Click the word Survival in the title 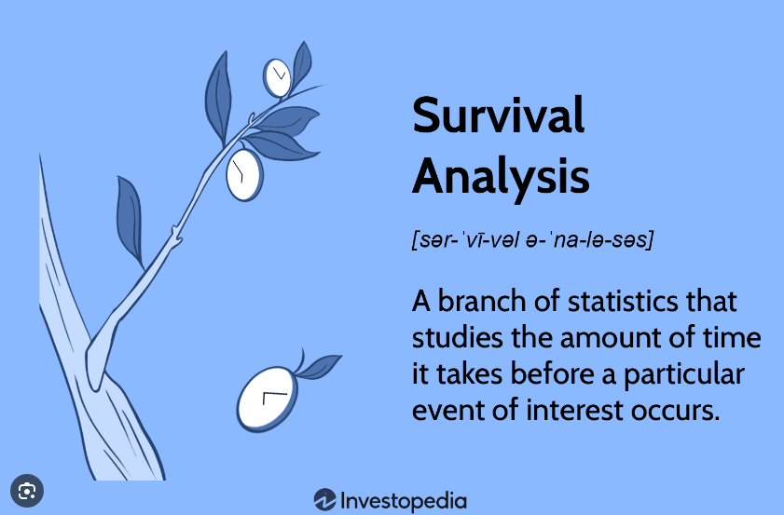pos(499,115)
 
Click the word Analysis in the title pos(501,177)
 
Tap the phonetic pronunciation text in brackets pos(532,239)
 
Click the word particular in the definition pos(684,374)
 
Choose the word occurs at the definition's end pos(675,411)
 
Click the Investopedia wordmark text pos(403,501)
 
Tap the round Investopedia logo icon pos(325,499)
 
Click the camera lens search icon pos(27,491)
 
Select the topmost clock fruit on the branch pos(277,78)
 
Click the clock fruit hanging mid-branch pos(244,174)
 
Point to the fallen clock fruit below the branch pos(268,400)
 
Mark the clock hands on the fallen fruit pos(274,397)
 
